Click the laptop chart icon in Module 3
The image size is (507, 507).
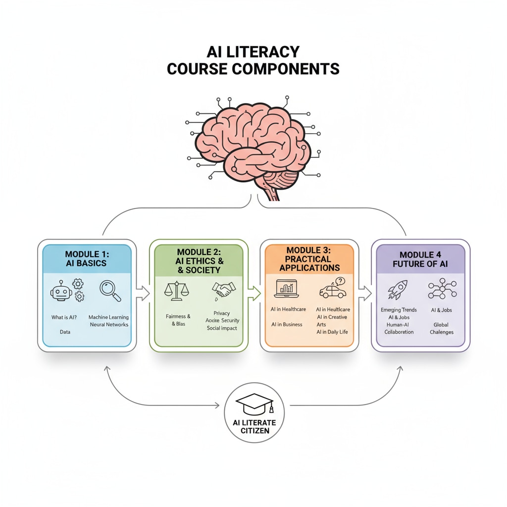[286, 289]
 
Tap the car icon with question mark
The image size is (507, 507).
[333, 289]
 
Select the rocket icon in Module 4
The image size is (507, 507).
[398, 290]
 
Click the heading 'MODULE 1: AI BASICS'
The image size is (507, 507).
[87, 258]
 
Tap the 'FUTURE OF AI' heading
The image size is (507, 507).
[420, 264]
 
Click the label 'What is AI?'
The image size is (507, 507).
[64, 317]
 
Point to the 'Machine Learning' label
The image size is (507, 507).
[108, 317]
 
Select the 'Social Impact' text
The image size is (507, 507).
[222, 328]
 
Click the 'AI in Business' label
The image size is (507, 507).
[287, 324]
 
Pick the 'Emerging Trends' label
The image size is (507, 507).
[399, 310]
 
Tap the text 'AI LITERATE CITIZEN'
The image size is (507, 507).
[254, 427]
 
